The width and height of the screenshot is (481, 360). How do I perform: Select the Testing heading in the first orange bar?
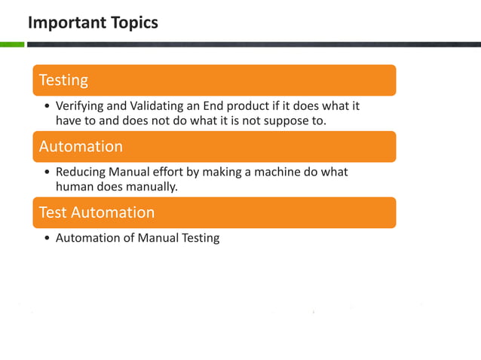(63, 80)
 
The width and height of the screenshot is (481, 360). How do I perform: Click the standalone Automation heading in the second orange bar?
(81, 146)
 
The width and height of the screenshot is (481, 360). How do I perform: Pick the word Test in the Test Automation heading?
(53, 212)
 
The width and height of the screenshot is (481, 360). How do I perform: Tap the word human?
(73, 186)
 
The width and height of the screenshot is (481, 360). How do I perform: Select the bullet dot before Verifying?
(47, 107)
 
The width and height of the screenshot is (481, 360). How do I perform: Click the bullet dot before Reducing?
(47, 172)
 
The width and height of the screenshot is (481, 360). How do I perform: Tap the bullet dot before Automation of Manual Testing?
(47, 239)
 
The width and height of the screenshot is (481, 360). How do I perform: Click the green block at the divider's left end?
(12, 44)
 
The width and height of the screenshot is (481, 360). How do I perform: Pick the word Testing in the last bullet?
(199, 239)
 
